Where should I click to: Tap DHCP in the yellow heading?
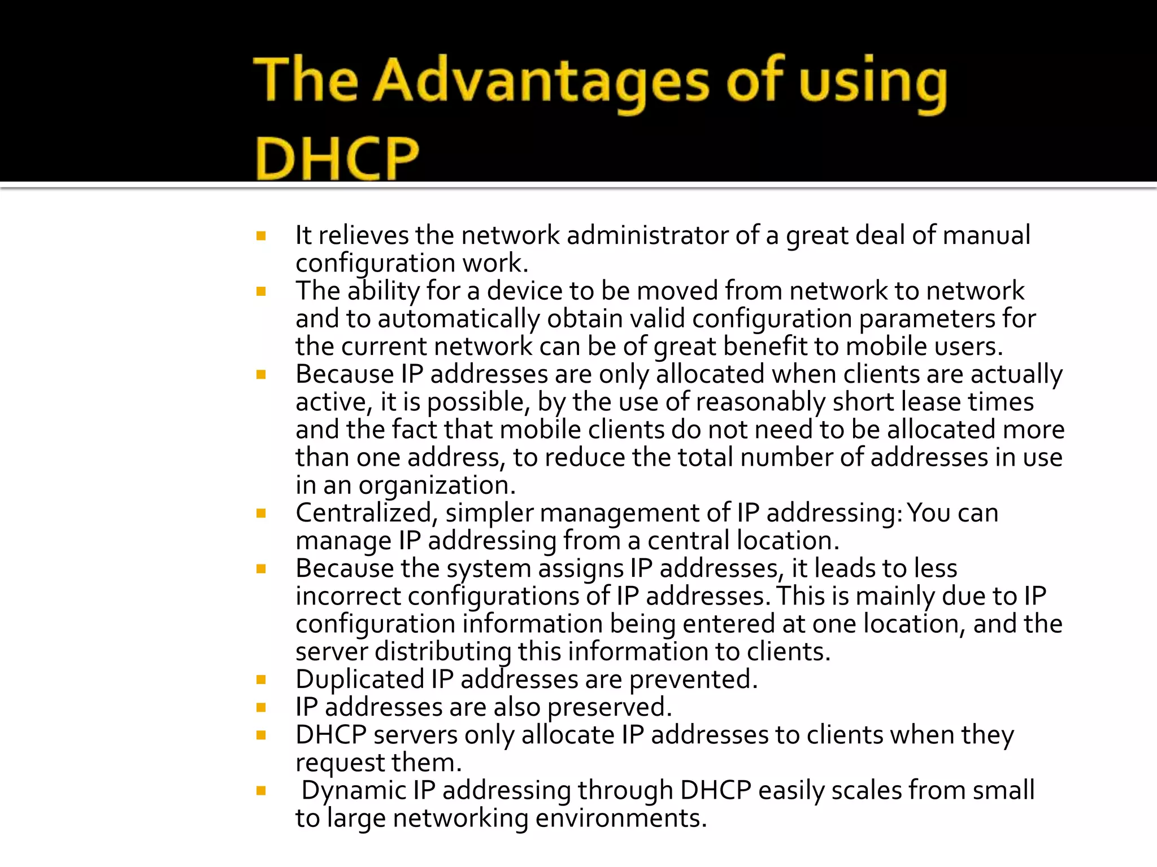[x=337, y=157]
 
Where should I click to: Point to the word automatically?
[x=458, y=319]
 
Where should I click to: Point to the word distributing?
[x=443, y=651]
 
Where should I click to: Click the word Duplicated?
[x=359, y=679]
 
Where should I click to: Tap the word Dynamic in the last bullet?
[x=353, y=790]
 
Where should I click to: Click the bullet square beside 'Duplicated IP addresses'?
[x=261, y=680]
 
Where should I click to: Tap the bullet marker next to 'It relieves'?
[x=261, y=236]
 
